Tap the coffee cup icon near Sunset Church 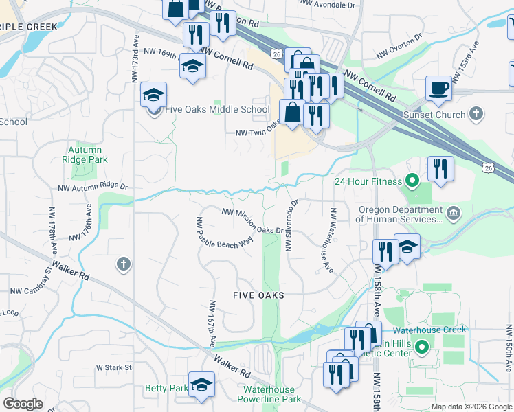coord(438,88)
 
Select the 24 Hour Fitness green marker coord(412,182)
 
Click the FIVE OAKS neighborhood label coord(258,295)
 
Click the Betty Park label coord(166,388)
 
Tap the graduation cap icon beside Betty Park coord(201,385)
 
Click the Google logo coord(23,403)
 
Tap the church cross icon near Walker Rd coord(123,264)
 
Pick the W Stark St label coord(113,368)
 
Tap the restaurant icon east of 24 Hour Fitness coord(439,168)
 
